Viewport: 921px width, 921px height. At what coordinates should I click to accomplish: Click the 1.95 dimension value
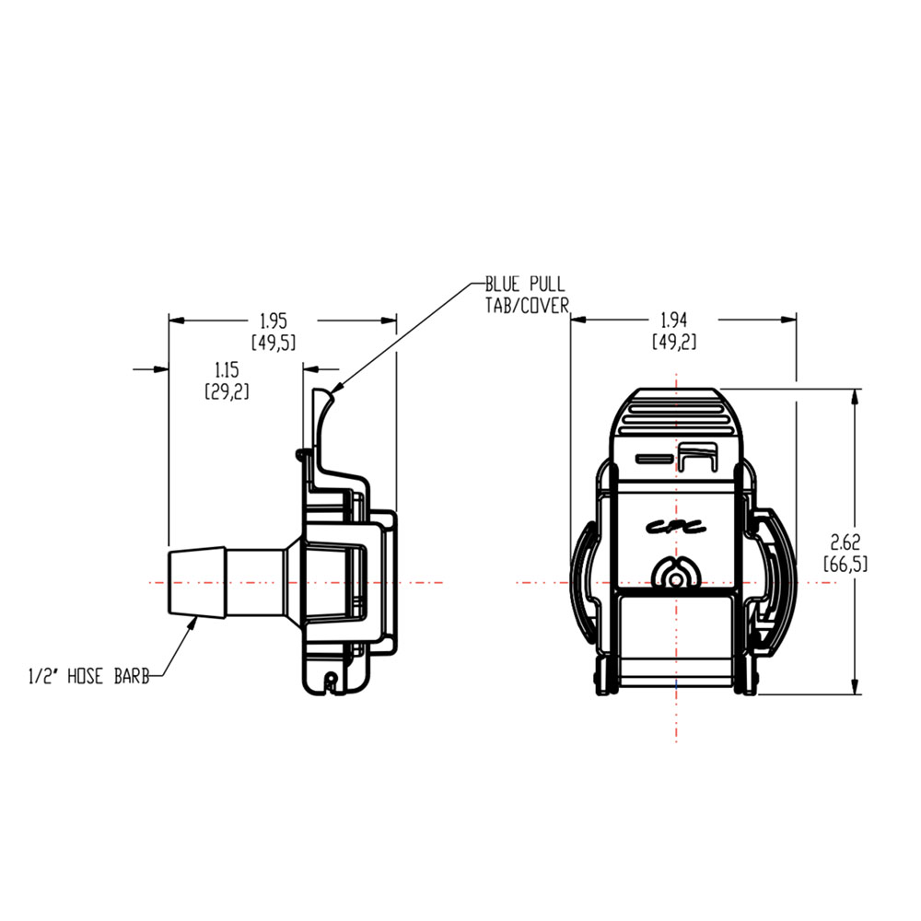click(274, 321)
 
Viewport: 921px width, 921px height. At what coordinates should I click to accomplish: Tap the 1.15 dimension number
click(227, 369)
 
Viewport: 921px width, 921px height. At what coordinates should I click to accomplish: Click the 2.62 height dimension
click(845, 542)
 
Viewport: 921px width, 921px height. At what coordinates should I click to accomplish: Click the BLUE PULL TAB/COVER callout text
click(527, 294)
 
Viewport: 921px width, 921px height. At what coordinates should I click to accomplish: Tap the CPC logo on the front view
click(674, 528)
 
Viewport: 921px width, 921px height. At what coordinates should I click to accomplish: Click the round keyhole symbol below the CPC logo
click(677, 577)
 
